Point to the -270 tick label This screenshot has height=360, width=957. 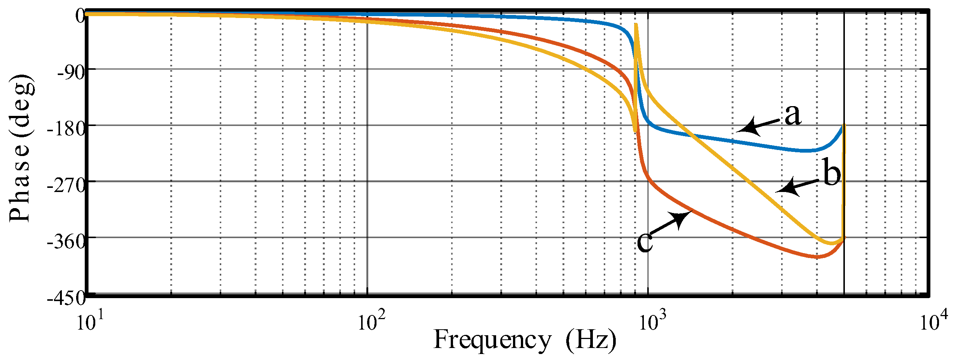point(66,185)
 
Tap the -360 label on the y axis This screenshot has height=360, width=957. point(66,241)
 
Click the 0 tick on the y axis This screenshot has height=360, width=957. point(80,16)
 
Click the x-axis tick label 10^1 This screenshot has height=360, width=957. point(86,321)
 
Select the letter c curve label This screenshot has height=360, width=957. point(645,242)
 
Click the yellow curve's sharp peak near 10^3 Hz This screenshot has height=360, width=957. point(636,25)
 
